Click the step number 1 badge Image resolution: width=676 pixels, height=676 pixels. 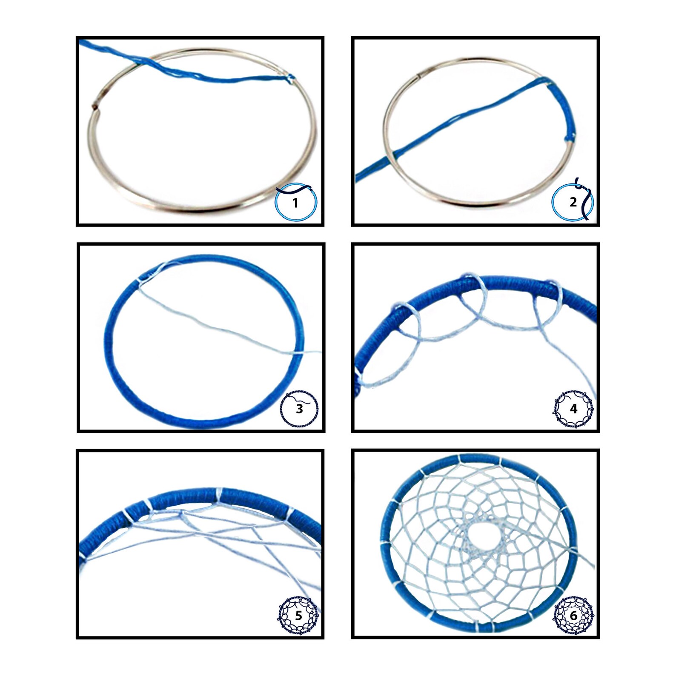tap(296, 203)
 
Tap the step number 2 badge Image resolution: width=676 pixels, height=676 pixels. tap(573, 202)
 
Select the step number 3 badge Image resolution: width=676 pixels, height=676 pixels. tap(299, 409)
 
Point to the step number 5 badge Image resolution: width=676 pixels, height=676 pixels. tap(298, 616)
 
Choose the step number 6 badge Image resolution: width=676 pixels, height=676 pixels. tap(573, 616)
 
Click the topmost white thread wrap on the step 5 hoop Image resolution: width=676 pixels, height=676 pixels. tap(218, 495)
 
